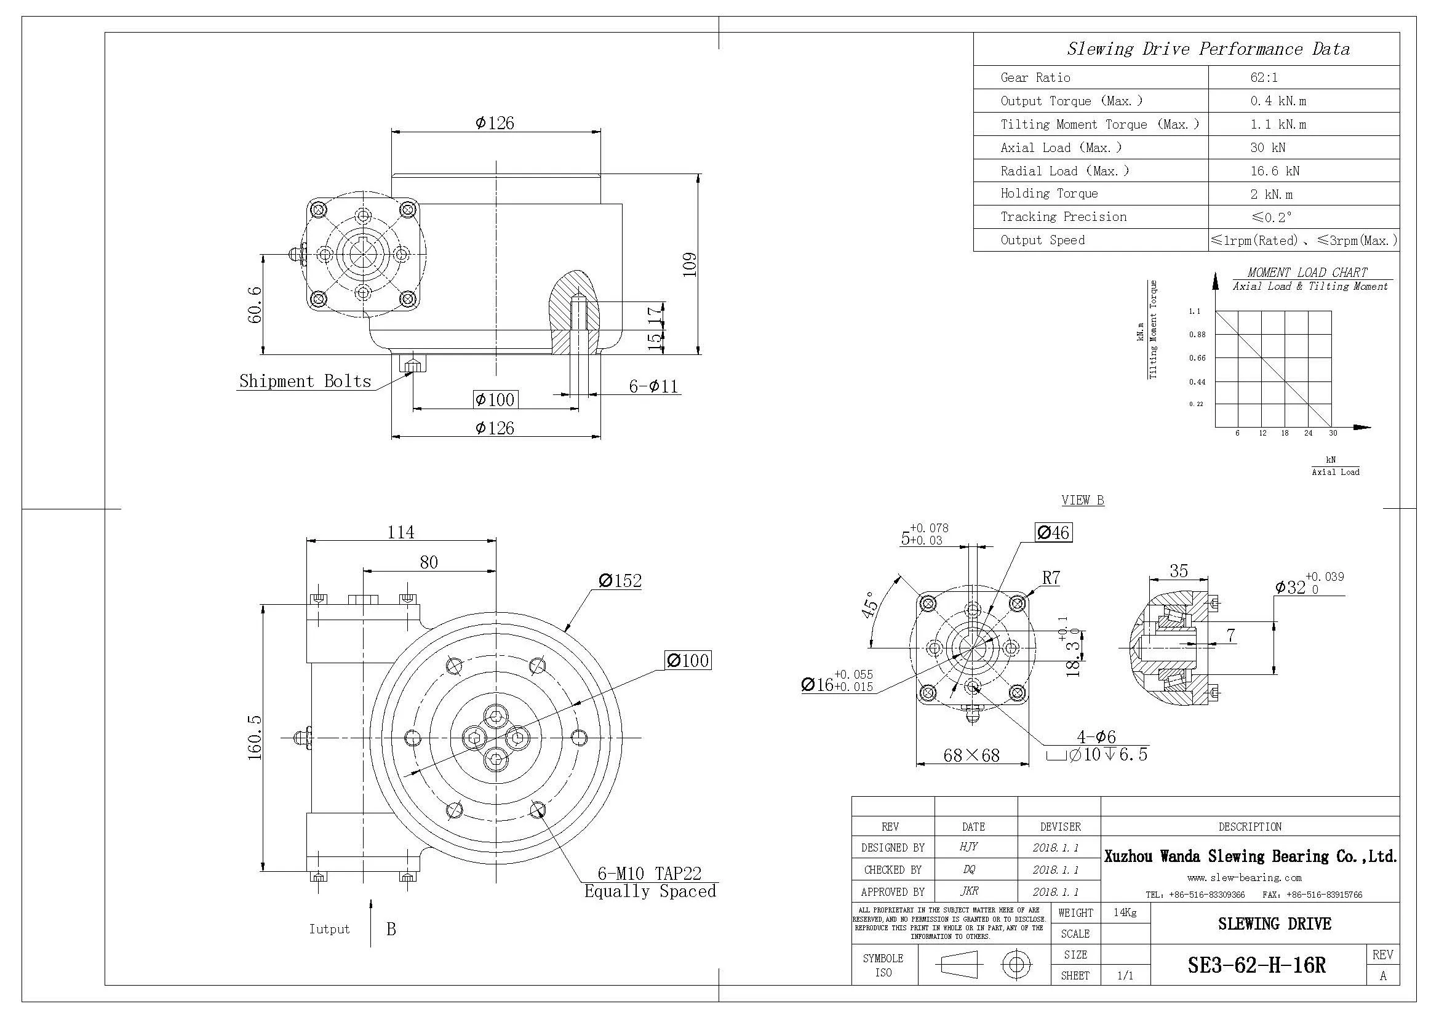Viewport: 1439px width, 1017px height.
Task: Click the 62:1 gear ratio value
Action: pos(1263,78)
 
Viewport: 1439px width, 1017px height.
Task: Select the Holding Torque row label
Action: pos(1048,194)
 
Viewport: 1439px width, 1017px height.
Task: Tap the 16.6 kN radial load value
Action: pos(1274,171)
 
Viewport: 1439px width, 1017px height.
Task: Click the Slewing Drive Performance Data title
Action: pos(1208,49)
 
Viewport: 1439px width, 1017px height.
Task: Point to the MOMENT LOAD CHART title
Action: pos(1307,273)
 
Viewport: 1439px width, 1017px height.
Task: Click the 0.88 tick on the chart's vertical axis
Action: pos(1197,335)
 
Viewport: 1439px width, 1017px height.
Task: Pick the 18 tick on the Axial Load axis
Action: pos(1284,433)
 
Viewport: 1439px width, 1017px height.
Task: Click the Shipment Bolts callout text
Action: pos(305,381)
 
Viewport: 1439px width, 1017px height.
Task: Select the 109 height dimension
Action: pos(690,265)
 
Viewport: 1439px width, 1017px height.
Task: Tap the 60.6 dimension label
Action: pos(255,305)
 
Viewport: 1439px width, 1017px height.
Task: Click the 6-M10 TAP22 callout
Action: pos(648,873)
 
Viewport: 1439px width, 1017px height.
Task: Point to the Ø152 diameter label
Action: pos(620,581)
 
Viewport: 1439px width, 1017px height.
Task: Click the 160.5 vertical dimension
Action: pos(255,738)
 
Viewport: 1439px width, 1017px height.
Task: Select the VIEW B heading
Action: pos(1082,500)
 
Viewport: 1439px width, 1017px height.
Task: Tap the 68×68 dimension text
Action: pos(971,755)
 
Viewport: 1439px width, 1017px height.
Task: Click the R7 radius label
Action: pos(1051,578)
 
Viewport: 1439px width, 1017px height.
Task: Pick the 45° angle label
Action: pos(871,605)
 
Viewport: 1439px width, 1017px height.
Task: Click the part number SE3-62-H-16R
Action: pos(1256,965)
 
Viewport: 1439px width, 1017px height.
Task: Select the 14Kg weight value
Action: pos(1125,912)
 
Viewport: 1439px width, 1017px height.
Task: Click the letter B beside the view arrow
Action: pos(391,929)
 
